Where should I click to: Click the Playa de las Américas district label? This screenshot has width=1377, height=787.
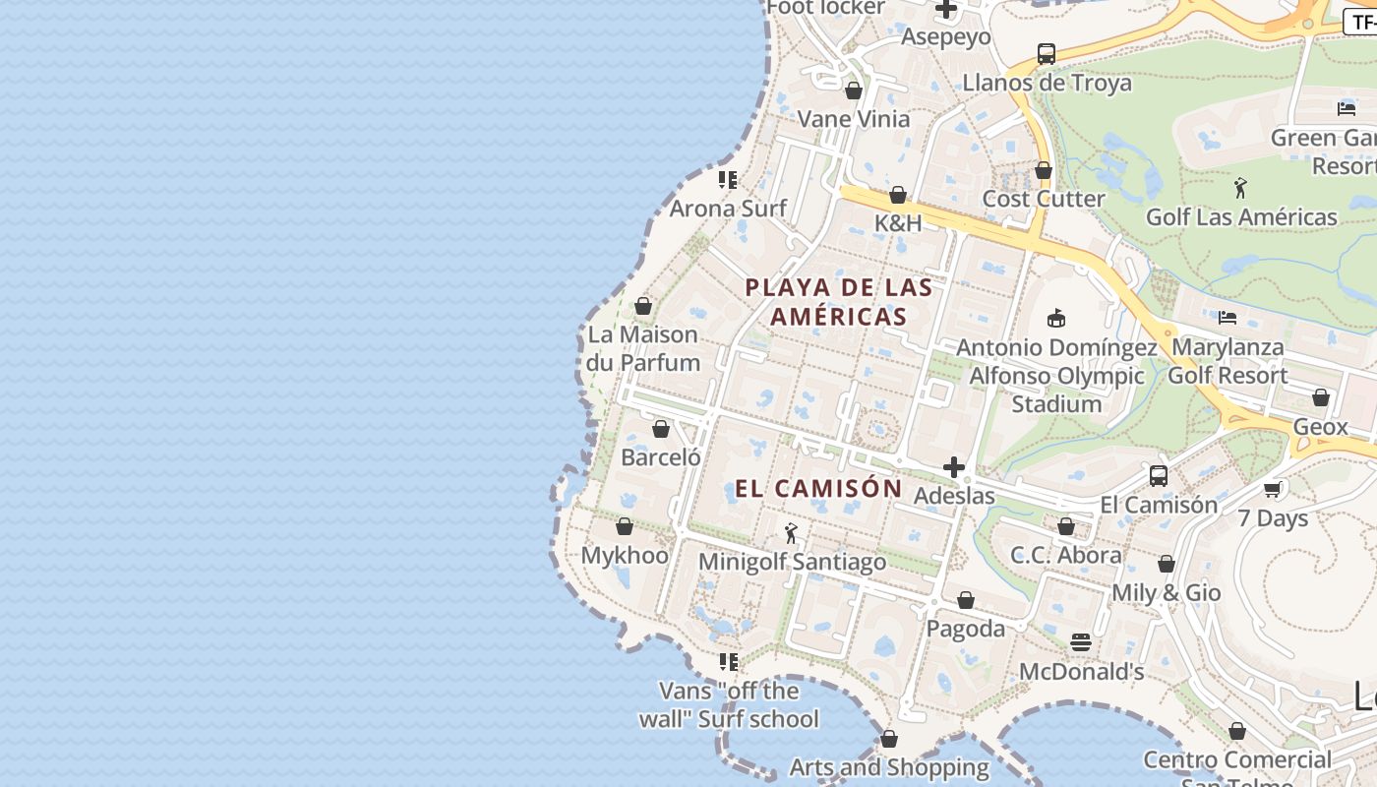click(x=839, y=302)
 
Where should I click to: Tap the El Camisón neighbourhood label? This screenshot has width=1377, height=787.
click(x=818, y=488)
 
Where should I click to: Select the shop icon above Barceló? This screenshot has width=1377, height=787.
click(x=661, y=429)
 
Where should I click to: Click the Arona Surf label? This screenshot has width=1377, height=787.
click(x=728, y=209)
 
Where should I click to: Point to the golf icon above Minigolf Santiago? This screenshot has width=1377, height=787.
click(x=791, y=533)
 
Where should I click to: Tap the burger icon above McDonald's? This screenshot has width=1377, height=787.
click(x=1081, y=642)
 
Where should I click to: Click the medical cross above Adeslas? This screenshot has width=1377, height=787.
click(x=953, y=467)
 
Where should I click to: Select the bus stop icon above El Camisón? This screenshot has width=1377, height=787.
click(x=1159, y=476)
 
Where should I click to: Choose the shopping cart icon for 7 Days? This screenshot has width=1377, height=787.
click(x=1273, y=489)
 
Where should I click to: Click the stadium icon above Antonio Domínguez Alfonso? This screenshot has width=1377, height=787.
click(x=1056, y=318)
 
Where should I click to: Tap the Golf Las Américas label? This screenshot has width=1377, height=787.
click(x=1241, y=216)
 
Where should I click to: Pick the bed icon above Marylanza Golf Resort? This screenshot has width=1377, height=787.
click(x=1227, y=318)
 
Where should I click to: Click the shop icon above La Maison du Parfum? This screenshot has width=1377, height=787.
click(x=643, y=306)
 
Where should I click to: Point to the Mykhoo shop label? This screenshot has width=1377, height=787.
click(x=625, y=555)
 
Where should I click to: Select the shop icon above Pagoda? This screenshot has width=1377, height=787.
click(x=966, y=600)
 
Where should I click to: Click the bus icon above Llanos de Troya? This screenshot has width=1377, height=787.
click(x=1047, y=54)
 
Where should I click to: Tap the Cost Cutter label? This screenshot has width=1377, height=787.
click(x=1044, y=199)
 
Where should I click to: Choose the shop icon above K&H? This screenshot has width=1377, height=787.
click(x=898, y=195)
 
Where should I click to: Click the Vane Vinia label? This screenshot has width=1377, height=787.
click(x=854, y=119)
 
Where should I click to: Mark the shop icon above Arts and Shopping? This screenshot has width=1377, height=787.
click(x=889, y=739)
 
